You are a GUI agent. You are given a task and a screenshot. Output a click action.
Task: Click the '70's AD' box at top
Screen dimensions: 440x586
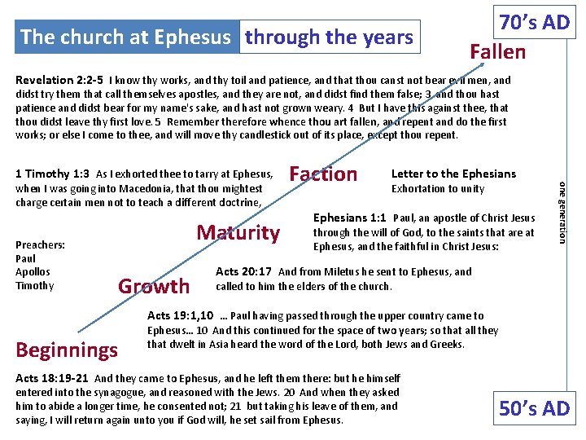click(x=534, y=22)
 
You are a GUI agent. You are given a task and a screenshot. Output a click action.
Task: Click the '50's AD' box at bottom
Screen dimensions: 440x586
click(x=534, y=407)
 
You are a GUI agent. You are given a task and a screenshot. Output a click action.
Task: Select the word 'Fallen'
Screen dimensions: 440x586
click(x=497, y=51)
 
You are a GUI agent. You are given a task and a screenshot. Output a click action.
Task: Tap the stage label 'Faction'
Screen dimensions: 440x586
click(x=323, y=174)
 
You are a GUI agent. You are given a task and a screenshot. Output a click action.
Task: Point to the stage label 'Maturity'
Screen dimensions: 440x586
click(x=238, y=232)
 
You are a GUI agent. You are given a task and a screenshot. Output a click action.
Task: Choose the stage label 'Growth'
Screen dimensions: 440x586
click(x=154, y=286)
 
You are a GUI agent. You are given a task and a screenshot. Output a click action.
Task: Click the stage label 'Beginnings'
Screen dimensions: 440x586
click(x=68, y=350)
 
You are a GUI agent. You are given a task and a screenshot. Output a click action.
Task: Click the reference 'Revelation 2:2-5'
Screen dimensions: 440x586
click(x=59, y=81)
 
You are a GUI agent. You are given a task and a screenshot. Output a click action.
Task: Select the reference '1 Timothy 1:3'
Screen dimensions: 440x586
click(x=53, y=174)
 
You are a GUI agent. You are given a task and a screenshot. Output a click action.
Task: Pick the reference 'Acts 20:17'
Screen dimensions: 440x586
click(x=244, y=272)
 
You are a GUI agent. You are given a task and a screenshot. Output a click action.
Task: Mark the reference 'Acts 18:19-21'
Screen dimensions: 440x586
click(x=53, y=379)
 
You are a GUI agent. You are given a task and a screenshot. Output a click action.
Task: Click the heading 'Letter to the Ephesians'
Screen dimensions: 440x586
click(x=453, y=174)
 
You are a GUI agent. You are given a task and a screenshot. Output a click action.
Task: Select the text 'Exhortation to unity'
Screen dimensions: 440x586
click(x=438, y=189)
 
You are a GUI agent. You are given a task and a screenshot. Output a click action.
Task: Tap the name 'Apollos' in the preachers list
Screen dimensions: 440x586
click(x=33, y=272)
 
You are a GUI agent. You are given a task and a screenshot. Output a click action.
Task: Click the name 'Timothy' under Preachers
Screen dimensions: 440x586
click(x=34, y=286)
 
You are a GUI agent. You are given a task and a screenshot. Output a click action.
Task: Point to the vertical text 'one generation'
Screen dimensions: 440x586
click(x=561, y=211)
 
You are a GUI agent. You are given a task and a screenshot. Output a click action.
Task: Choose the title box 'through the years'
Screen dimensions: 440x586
click(x=330, y=37)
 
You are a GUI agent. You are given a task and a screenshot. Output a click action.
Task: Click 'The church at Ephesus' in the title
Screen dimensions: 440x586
click(x=126, y=37)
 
